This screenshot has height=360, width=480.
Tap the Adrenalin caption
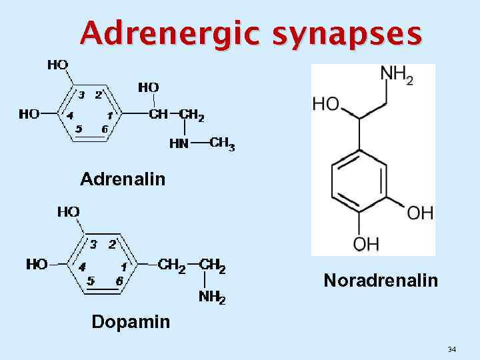pyautogui.click(x=123, y=179)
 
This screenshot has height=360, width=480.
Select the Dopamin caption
pyautogui.click(x=131, y=322)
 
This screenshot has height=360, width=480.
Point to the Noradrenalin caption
pyautogui.click(x=381, y=281)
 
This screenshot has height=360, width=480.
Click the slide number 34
pyautogui.click(x=452, y=349)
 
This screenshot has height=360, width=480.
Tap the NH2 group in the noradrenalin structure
pyautogui.click(x=397, y=75)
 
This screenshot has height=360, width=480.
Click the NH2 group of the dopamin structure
pyautogui.click(x=212, y=297)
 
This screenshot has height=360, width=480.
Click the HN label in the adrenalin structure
pyautogui.click(x=179, y=143)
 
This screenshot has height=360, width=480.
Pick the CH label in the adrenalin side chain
pyautogui.click(x=158, y=114)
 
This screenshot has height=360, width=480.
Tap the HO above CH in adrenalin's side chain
pyautogui.click(x=148, y=87)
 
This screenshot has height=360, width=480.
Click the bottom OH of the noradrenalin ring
pyautogui.click(x=366, y=245)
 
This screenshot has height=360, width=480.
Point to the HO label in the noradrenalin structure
pyautogui.click(x=325, y=104)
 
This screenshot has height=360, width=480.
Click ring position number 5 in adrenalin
pyautogui.click(x=79, y=129)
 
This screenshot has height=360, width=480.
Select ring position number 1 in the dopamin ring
pyautogui.click(x=123, y=266)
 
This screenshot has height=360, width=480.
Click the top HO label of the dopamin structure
pyautogui.click(x=69, y=212)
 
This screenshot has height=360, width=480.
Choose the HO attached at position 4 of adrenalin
pyautogui.click(x=29, y=114)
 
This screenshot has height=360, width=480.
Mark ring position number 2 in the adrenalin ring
pyautogui.click(x=98, y=95)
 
